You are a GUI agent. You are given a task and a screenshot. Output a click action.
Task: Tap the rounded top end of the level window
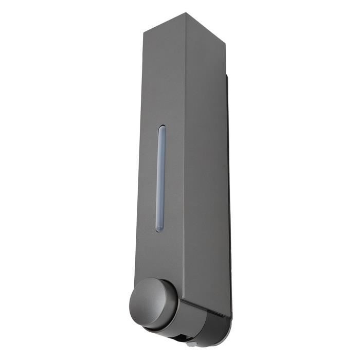point(162,127)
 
